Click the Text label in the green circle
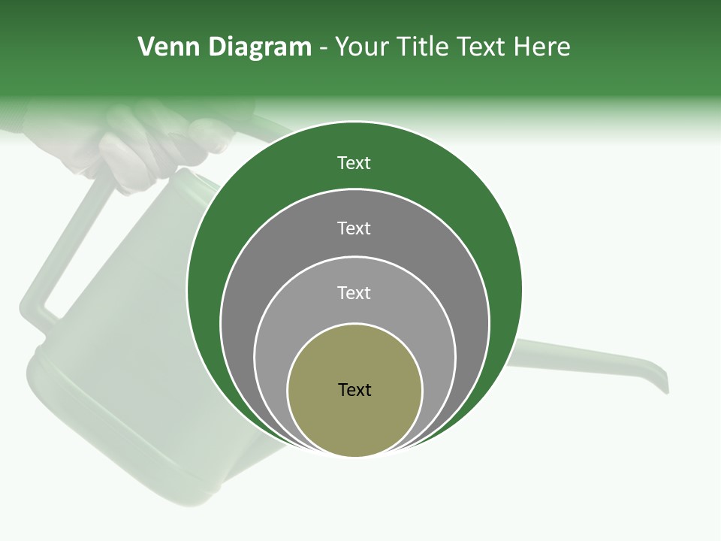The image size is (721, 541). click(354, 163)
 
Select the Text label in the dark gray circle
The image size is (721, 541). click(354, 228)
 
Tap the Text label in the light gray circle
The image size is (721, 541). click(354, 292)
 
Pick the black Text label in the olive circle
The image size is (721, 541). click(354, 389)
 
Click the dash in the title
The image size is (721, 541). click(323, 48)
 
